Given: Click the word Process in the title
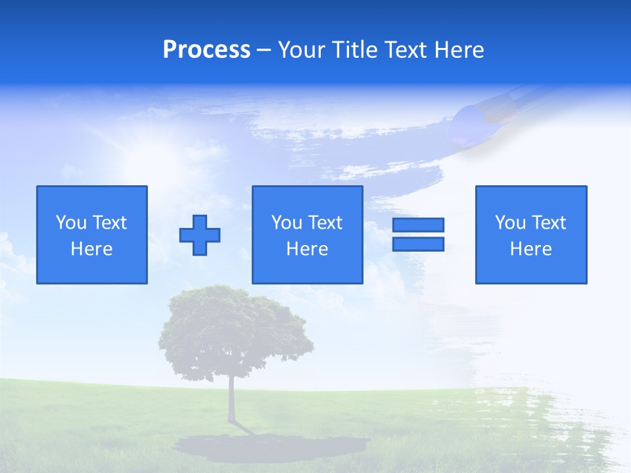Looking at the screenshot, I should (x=206, y=50).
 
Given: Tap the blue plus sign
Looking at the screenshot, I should (x=200, y=235).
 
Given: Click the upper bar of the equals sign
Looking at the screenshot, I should (x=418, y=225).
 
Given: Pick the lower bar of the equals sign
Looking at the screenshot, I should (x=418, y=244).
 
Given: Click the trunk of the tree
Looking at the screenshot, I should (x=231, y=401).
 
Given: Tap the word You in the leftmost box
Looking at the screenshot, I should (x=70, y=223).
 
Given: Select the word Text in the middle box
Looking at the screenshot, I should (x=324, y=223).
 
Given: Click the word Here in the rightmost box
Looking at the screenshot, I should (x=530, y=249).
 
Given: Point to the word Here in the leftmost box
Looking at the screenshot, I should (x=91, y=249).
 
